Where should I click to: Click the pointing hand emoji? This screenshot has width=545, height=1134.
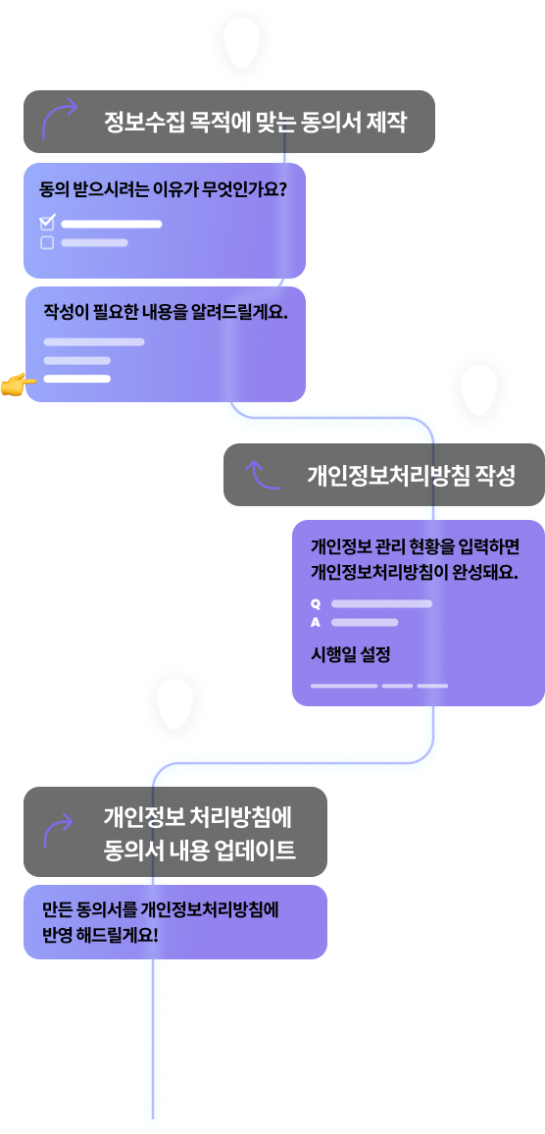[18, 384]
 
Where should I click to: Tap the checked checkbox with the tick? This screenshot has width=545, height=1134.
[47, 223]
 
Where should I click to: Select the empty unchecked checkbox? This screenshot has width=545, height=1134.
[47, 243]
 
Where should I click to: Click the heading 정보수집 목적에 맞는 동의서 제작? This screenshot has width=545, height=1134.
[255, 122]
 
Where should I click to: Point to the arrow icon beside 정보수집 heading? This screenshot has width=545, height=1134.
[59, 117]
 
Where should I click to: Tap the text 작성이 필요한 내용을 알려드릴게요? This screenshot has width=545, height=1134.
[167, 312]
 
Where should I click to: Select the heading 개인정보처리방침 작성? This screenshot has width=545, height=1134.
[412, 475]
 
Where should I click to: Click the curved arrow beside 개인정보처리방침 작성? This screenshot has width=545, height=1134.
[263, 475]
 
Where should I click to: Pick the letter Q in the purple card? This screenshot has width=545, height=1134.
[316, 603]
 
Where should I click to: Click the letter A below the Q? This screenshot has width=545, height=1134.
[316, 622]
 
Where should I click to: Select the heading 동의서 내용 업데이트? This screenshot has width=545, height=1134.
[200, 850]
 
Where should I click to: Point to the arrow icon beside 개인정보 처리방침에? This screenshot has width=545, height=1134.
[59, 830]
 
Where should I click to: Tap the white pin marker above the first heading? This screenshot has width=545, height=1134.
[241, 42]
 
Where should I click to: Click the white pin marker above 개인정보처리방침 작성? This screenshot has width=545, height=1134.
[478, 389]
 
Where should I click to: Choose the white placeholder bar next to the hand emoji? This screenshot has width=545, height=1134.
[77, 379]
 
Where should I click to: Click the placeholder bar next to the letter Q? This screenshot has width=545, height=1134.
[381, 603]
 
